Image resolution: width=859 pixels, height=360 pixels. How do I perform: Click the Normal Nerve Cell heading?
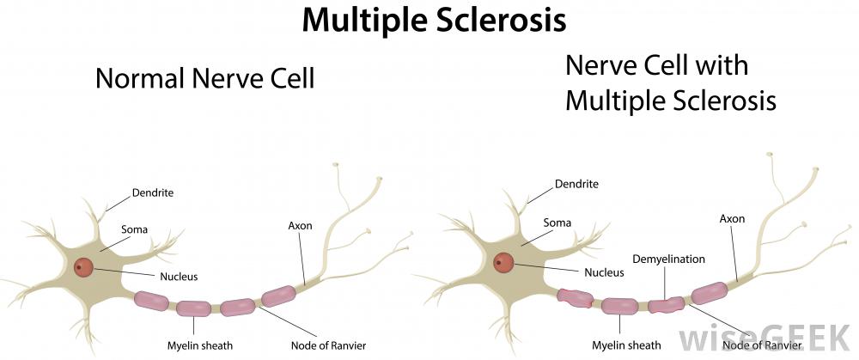(205, 79)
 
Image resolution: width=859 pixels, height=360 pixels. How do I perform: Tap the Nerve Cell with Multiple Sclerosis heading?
(670, 82)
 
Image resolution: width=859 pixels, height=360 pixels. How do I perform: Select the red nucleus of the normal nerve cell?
(83, 267)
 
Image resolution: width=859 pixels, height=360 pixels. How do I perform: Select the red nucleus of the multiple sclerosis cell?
(503, 262)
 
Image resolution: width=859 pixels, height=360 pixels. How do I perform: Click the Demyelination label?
(668, 259)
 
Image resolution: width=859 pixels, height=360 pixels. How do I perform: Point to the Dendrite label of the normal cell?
(153, 193)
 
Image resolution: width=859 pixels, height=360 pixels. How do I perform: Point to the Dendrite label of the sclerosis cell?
(576, 184)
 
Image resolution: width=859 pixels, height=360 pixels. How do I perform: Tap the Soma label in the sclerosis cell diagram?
(557, 223)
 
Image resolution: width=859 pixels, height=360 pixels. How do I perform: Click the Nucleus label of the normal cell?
(179, 277)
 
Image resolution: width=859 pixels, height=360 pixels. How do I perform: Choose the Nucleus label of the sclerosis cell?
(604, 272)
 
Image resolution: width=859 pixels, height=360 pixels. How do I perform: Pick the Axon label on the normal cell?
(300, 226)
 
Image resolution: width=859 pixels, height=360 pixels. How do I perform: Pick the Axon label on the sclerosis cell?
(731, 218)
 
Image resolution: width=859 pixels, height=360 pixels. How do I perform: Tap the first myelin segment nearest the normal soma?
(153, 300)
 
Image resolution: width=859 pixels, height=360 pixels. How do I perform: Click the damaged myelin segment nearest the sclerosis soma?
(576, 298)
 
